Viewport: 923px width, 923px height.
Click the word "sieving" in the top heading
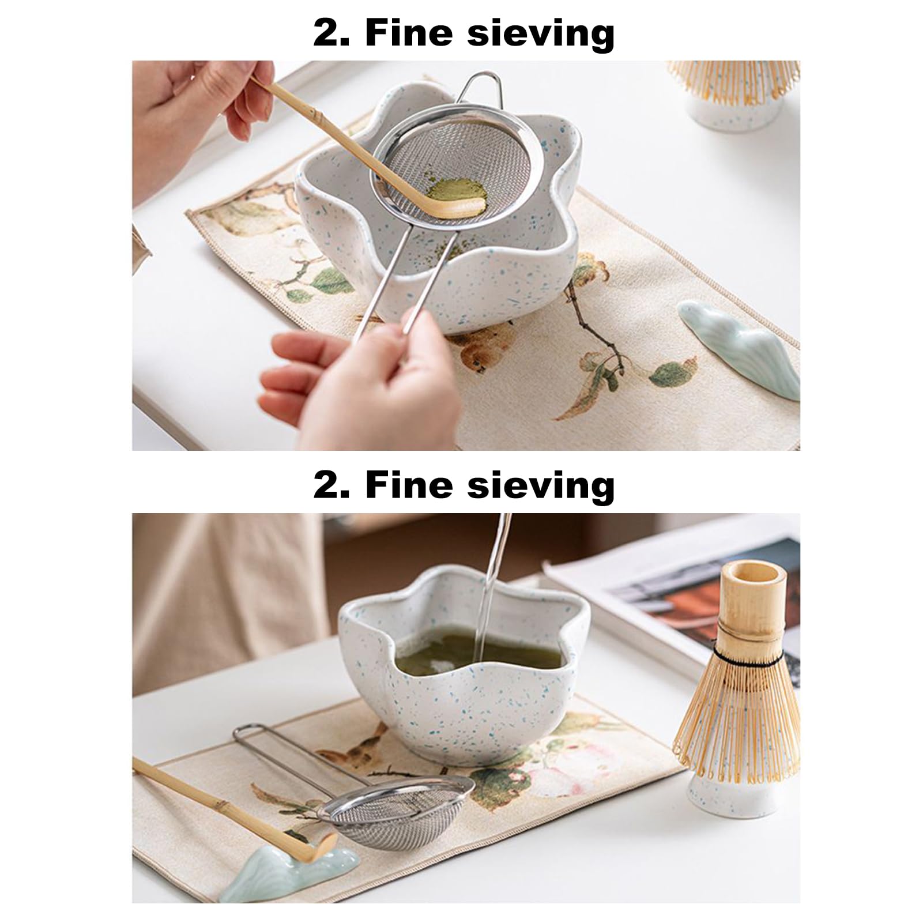[540, 33]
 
